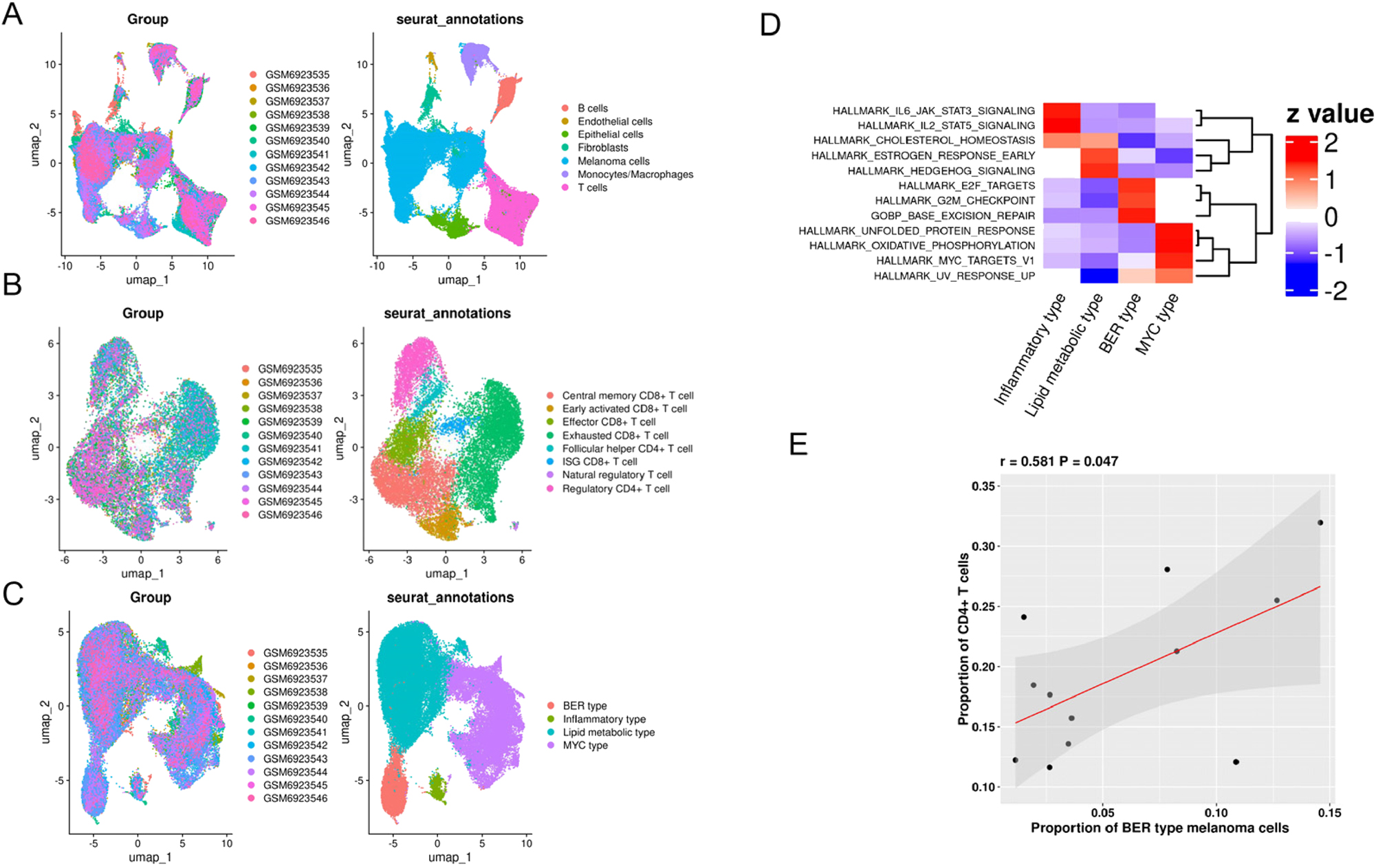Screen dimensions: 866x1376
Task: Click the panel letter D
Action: pos(770,25)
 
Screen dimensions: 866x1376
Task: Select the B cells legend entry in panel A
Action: pos(592,109)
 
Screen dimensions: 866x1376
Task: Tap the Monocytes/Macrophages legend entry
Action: pos(635,175)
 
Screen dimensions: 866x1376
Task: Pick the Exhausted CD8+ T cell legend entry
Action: pos(615,436)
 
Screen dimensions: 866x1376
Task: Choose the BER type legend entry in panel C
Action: pos(585,706)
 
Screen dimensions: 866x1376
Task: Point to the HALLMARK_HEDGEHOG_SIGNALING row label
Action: pos(941,171)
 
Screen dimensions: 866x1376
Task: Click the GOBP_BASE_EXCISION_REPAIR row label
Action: pos(952,216)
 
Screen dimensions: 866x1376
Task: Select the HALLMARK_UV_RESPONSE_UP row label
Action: pos(954,276)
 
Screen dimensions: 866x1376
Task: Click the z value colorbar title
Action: pos(1329,114)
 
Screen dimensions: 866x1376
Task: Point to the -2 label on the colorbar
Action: pos(1335,291)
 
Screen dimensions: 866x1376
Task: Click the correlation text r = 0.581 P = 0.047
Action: pos(1058,462)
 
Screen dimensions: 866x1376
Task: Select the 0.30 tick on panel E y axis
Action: pos(983,546)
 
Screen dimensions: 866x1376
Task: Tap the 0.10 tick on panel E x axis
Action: pos(1216,813)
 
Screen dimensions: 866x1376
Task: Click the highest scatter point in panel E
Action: pos(1320,523)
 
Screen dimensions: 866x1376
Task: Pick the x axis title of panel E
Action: pos(1159,829)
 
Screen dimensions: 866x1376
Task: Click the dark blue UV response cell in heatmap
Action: pos(1099,276)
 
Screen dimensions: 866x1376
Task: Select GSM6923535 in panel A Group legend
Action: pos(297,75)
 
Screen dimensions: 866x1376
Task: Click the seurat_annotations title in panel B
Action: pos(447,314)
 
